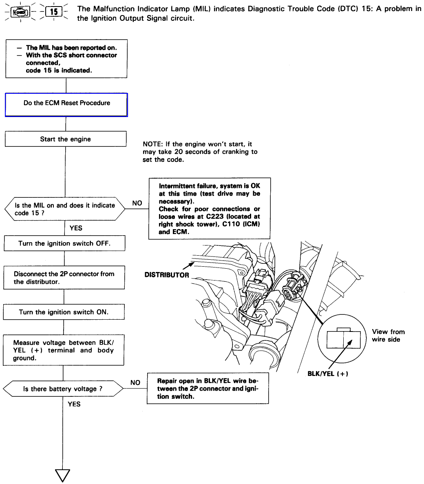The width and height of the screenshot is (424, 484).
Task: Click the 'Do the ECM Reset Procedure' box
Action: coord(66,105)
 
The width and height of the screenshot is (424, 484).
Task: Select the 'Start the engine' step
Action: coord(65,139)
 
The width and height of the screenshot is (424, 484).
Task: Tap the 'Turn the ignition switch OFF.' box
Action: coord(64,243)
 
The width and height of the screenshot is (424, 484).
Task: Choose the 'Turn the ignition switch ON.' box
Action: coord(64,312)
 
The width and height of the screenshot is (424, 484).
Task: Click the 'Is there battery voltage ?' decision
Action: coord(63,389)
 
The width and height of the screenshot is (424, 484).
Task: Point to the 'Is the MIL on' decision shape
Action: coord(65,209)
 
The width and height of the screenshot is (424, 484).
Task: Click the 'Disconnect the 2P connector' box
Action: coord(64,278)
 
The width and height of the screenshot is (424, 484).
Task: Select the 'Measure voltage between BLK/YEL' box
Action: coord(64,350)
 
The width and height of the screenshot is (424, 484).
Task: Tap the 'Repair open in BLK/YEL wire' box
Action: coord(208,388)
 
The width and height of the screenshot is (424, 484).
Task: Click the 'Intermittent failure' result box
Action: coord(210,208)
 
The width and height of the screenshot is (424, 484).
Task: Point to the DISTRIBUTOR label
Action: coord(167,275)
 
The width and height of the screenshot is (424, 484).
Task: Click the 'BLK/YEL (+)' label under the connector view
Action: coord(328,374)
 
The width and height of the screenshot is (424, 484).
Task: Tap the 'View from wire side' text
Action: coord(388,336)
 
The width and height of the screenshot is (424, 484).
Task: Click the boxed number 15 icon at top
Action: coord(54,12)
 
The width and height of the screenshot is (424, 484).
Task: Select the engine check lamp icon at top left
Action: coord(20,12)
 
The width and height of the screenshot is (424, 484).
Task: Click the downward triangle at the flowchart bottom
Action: coord(63,475)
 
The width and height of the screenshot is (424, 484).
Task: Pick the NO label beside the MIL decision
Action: coord(137,203)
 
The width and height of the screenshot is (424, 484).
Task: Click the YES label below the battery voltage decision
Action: coord(74,404)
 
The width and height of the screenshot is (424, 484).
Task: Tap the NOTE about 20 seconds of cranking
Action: coord(200,152)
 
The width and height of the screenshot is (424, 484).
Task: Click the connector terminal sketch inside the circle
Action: coord(343,338)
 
